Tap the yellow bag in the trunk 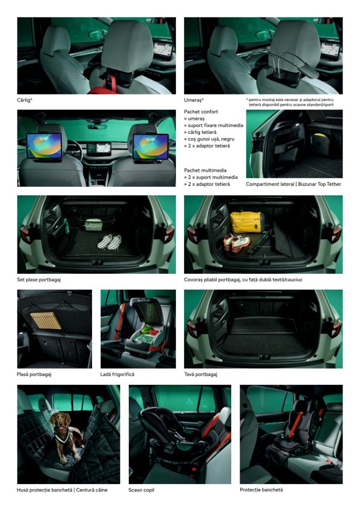coord(247,222)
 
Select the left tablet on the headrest coord(44,146)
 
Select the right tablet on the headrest coord(150,147)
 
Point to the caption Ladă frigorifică coord(117,374)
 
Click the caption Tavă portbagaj coord(200,374)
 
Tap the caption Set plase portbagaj coord(39,279)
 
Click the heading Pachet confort coord(201,112)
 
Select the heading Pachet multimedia coord(205,170)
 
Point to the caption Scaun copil coord(141,490)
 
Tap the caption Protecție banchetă coord(262,490)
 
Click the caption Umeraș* coord(194,100)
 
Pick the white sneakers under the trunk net coord(109,242)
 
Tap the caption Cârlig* coord(25,100)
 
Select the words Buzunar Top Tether coord(320,184)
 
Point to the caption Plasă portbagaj coord(34,374)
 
